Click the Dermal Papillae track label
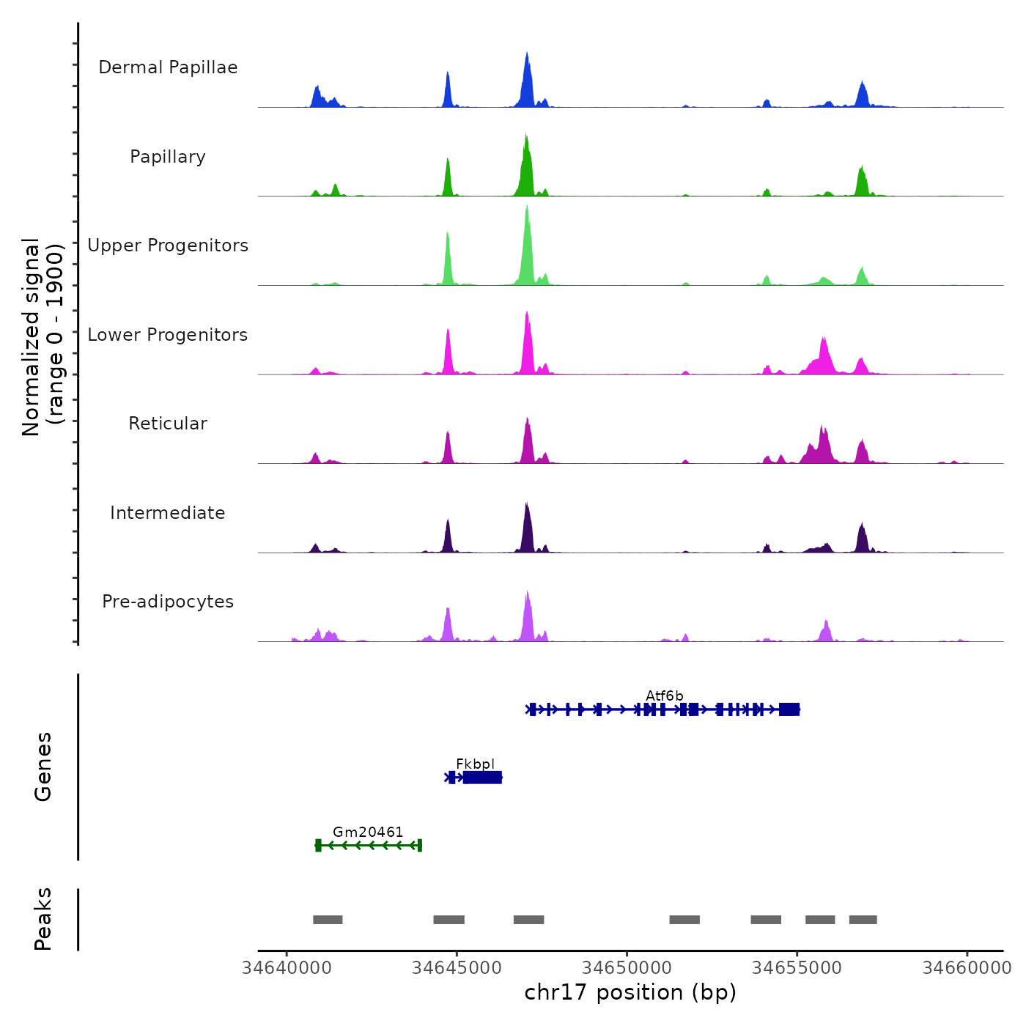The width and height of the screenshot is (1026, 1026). click(168, 67)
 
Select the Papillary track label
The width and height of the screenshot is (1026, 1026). click(168, 157)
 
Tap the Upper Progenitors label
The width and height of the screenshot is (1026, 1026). click(168, 246)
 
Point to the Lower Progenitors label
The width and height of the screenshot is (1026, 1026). click(168, 335)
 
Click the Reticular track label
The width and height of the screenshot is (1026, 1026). click(168, 424)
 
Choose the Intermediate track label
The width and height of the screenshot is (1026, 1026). click(168, 513)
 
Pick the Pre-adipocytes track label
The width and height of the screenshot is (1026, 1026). click(168, 602)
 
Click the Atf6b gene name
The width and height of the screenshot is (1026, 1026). click(664, 695)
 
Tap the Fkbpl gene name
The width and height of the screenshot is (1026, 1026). click(475, 764)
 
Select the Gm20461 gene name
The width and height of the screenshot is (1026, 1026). click(368, 832)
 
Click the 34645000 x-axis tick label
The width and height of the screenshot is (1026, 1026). click(457, 968)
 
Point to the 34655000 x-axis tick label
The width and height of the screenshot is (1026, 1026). click(797, 968)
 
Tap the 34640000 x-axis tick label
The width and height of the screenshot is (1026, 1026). click(287, 968)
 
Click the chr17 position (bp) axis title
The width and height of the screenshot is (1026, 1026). click(630, 992)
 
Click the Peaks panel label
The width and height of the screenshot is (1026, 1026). click(43, 919)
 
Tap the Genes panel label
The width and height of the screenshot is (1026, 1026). click(43, 767)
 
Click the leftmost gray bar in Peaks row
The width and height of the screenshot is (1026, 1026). click(328, 920)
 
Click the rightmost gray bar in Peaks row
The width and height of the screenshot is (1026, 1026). click(863, 920)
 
